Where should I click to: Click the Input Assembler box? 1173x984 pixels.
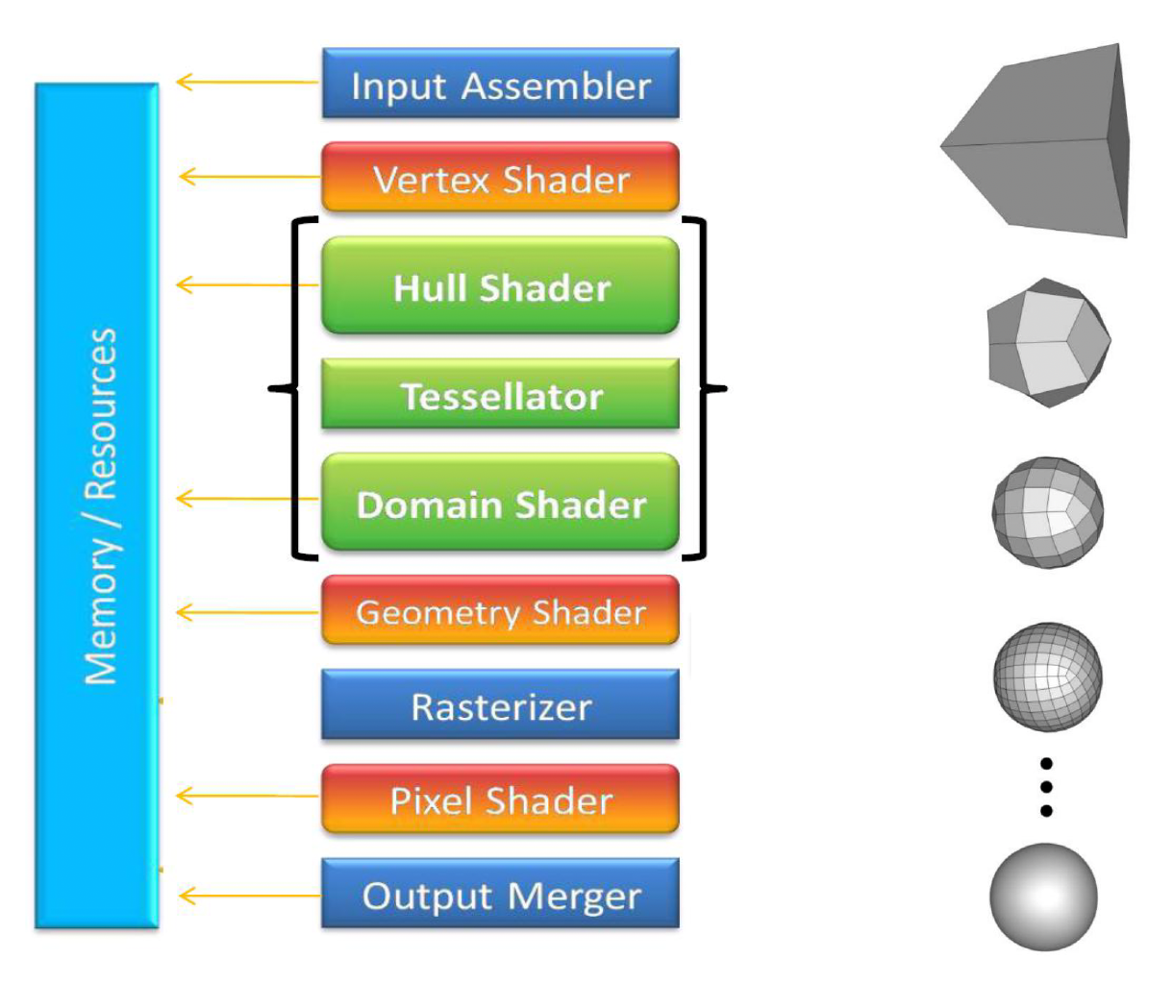(500, 84)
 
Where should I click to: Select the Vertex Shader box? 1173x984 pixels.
(500, 178)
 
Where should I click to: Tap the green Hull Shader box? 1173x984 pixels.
(500, 286)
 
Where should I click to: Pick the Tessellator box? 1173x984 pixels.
(500, 395)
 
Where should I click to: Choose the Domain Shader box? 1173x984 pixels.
(500, 503)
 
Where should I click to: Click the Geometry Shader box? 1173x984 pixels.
(500, 611)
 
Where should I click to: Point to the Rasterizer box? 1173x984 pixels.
(500, 705)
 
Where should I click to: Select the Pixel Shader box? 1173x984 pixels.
(500, 799)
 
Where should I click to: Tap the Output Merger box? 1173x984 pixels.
(500, 895)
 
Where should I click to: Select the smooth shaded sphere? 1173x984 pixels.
(1043, 897)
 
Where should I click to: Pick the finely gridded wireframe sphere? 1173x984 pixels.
(1046, 677)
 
